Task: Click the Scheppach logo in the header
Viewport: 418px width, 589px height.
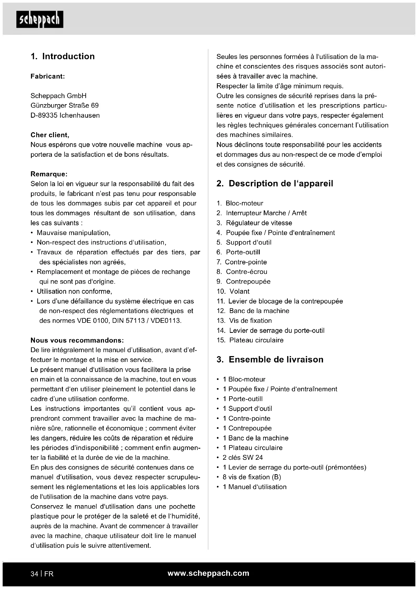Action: [x=40, y=19]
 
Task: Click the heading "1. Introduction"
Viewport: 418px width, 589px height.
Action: [x=63, y=56]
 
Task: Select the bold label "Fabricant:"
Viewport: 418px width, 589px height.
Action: [x=48, y=76]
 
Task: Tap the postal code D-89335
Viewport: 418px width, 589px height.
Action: [x=44, y=116]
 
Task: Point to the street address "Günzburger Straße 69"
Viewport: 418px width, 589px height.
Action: [x=65, y=106]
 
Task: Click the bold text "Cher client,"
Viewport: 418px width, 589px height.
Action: [x=50, y=135]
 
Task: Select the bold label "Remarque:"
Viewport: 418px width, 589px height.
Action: [x=49, y=174]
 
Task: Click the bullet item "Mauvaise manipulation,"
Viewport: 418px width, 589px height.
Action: [x=73, y=233]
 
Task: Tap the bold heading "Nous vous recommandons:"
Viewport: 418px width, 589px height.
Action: [x=77, y=340]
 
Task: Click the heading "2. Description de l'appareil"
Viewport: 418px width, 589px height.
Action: [x=275, y=183]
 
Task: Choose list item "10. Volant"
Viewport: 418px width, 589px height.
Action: [x=233, y=291]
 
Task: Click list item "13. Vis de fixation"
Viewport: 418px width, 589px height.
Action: [x=244, y=321]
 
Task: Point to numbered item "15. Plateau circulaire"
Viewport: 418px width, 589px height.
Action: [x=250, y=340]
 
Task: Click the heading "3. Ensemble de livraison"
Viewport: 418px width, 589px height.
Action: [x=270, y=360]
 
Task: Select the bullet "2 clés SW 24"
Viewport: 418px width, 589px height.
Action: [x=243, y=458]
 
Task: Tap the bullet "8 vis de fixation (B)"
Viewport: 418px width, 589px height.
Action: [x=252, y=477]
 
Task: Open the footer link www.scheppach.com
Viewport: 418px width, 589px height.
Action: [x=208, y=573]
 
